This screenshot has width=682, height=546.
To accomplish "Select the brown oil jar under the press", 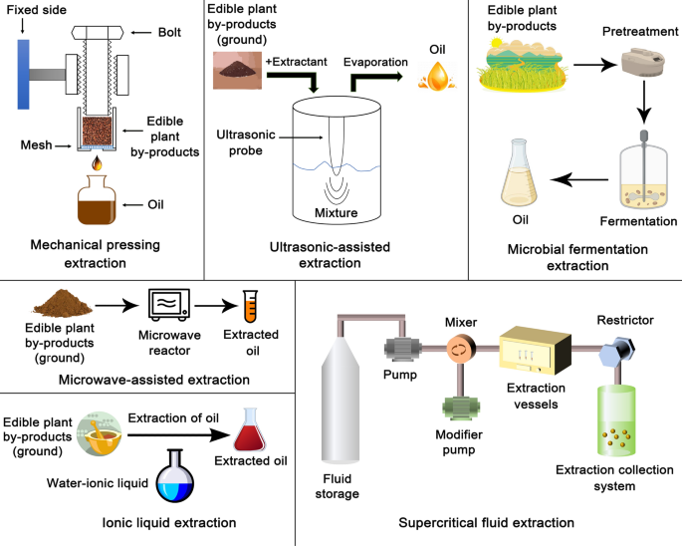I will point(97,201).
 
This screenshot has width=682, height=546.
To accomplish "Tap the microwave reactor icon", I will point(169,305).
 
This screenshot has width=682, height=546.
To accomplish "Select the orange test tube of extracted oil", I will point(252,305).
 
